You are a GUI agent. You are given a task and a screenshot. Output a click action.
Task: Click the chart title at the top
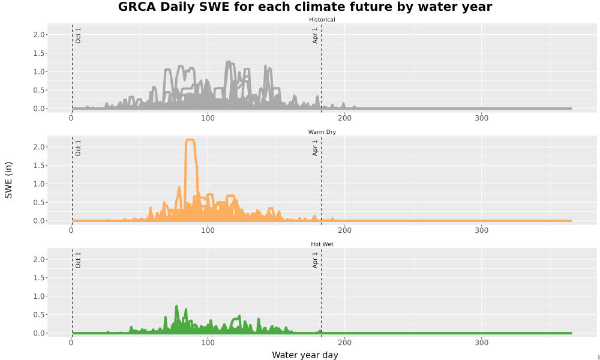pyautogui.click(x=305, y=7)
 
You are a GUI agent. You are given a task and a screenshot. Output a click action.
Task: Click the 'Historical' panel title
pyautogui.click(x=322, y=20)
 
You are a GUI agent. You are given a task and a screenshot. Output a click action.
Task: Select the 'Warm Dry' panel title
pyautogui.click(x=322, y=132)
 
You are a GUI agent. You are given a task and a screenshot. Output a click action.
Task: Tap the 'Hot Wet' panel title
pyautogui.click(x=322, y=244)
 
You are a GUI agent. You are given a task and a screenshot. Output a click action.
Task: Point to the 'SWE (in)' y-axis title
pyautogui.click(x=8, y=180)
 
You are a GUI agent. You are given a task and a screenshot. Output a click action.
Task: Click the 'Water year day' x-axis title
pyautogui.click(x=305, y=355)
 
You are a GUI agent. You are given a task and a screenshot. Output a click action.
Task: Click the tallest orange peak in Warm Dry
pyautogui.click(x=190, y=140)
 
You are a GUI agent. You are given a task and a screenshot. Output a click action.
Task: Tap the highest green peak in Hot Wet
pyautogui.click(x=176, y=306)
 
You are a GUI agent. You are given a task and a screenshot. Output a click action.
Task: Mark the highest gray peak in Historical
pyautogui.click(x=229, y=62)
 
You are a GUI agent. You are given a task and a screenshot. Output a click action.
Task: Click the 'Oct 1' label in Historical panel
pyautogui.click(x=78, y=35)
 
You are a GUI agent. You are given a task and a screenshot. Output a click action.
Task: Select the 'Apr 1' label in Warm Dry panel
pyautogui.click(x=315, y=148)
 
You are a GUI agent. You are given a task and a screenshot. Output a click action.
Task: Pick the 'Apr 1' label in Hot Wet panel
pyautogui.click(x=315, y=260)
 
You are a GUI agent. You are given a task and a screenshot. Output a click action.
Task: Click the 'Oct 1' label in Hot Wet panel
pyautogui.click(x=78, y=260)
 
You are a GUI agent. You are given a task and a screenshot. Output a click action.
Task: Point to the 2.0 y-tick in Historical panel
pyautogui.click(x=39, y=35)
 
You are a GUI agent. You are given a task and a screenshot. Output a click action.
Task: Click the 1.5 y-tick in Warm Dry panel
pyautogui.click(x=39, y=166)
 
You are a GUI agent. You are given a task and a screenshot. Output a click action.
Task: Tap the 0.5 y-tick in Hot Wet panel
pyautogui.click(x=39, y=315)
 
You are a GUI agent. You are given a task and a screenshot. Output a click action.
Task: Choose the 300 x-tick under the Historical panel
pyautogui.click(x=481, y=118)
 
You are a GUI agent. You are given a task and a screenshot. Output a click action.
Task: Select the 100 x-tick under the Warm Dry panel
pyautogui.click(x=208, y=230)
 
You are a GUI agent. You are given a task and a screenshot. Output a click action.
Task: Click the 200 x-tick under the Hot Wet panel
pyautogui.click(x=344, y=343)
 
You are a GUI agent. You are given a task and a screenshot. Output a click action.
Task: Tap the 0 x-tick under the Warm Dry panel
pyautogui.click(x=71, y=230)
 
